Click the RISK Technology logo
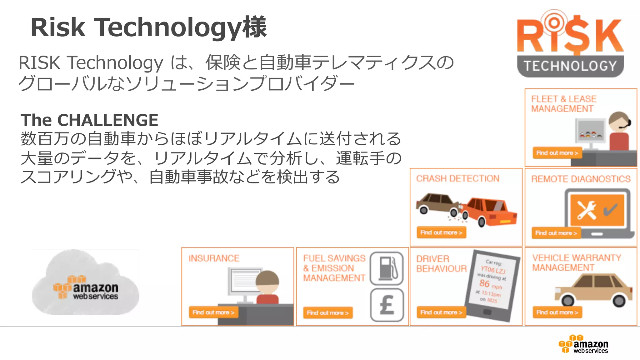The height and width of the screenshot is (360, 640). [570, 44]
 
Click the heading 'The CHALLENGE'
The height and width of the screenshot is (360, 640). [89, 120]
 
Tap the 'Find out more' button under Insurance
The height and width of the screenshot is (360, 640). [213, 312]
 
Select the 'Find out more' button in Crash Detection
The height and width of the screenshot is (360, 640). [441, 232]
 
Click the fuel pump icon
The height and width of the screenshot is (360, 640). [387, 268]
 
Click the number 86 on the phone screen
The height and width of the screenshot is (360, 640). [484, 283]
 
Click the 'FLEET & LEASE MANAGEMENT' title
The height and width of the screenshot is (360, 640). [563, 104]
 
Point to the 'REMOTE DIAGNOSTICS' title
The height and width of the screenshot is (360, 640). [581, 179]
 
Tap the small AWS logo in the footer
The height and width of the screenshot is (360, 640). [583, 344]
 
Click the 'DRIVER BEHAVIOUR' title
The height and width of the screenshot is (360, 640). [441, 264]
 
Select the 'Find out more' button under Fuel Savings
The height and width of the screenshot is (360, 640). [327, 313]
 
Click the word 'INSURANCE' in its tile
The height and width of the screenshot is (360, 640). [214, 258]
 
